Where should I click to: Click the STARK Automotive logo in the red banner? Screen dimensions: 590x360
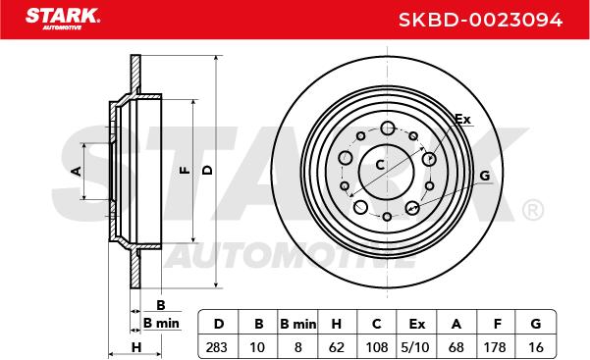(63, 19)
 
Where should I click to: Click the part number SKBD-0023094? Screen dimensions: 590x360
(480, 20)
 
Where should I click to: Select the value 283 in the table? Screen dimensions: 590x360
(216, 347)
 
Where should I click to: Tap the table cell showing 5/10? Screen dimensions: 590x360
(415, 347)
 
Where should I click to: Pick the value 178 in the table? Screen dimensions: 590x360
(495, 347)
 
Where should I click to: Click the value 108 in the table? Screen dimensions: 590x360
(377, 347)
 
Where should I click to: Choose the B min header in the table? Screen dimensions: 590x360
(298, 324)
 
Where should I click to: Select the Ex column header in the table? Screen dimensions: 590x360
(417, 324)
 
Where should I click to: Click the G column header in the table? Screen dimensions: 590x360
(535, 324)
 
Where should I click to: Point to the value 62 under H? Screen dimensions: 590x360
(336, 347)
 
